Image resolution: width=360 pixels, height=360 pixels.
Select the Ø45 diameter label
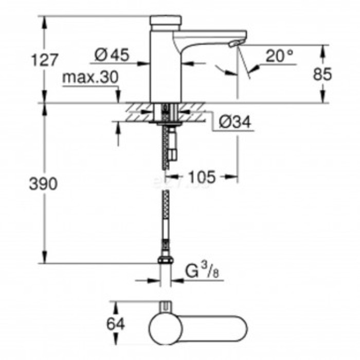point(112,54)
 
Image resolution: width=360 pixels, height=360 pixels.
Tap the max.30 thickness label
point(90,77)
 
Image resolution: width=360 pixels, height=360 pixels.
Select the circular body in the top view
point(165,327)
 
